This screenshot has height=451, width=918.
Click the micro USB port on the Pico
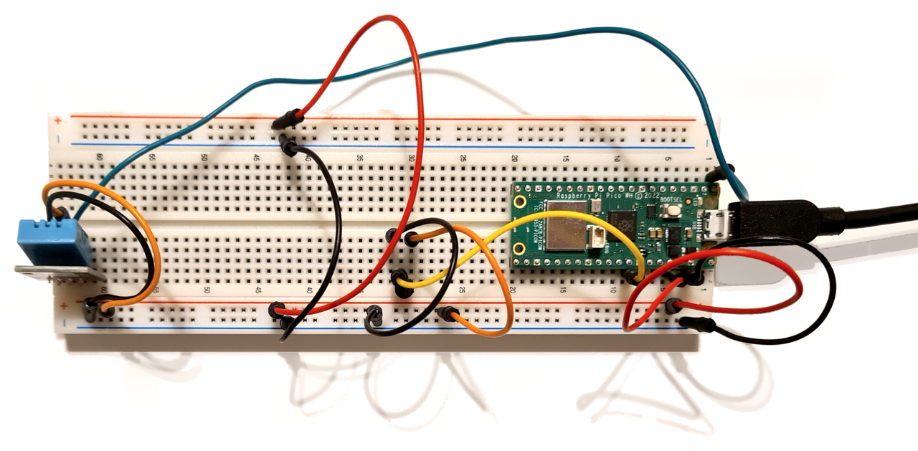(x=717, y=225)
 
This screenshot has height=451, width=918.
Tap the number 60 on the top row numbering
(x=98, y=158)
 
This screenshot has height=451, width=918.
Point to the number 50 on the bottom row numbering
(x=207, y=290)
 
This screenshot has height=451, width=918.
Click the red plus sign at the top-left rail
(x=57, y=120)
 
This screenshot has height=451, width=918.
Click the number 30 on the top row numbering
(x=411, y=158)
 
